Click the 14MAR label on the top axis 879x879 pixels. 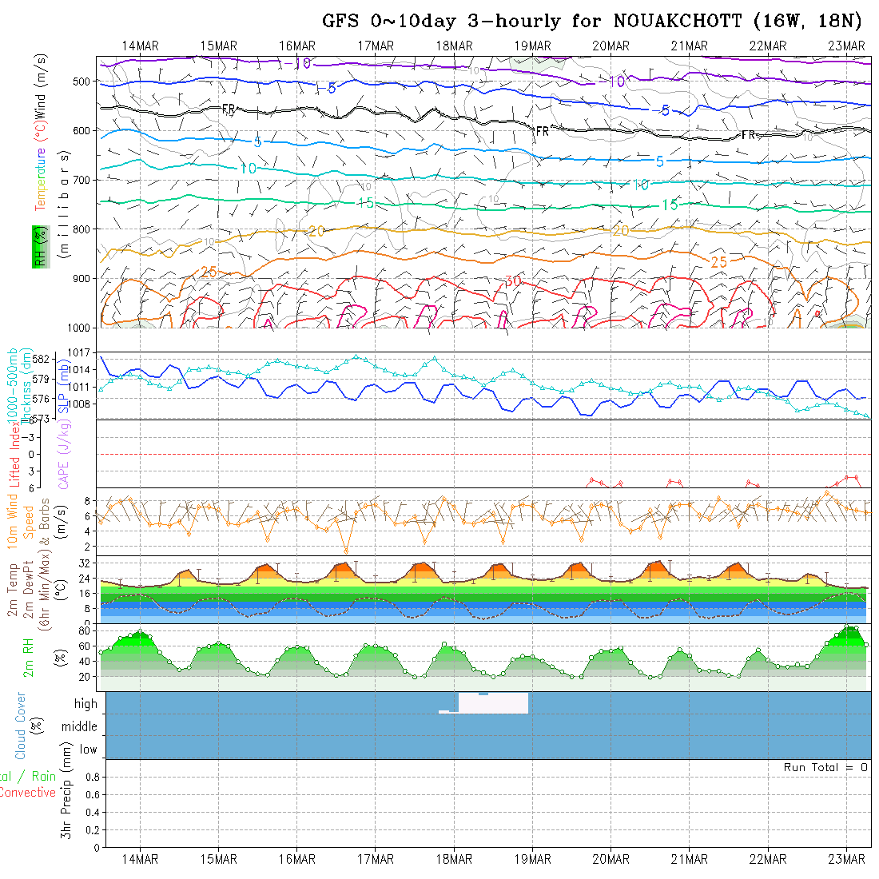point(141,46)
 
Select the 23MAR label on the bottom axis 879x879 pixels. point(846,859)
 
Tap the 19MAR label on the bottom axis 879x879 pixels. point(533,859)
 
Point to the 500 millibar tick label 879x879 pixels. point(84,81)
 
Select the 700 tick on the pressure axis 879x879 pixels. point(84,179)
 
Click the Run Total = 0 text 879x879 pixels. point(825,767)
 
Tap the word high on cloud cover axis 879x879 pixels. point(86,704)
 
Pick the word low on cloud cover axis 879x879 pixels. point(88,750)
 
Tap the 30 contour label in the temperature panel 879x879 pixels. point(513,281)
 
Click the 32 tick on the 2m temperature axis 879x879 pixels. point(83,563)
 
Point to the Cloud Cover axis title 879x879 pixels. point(21,726)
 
